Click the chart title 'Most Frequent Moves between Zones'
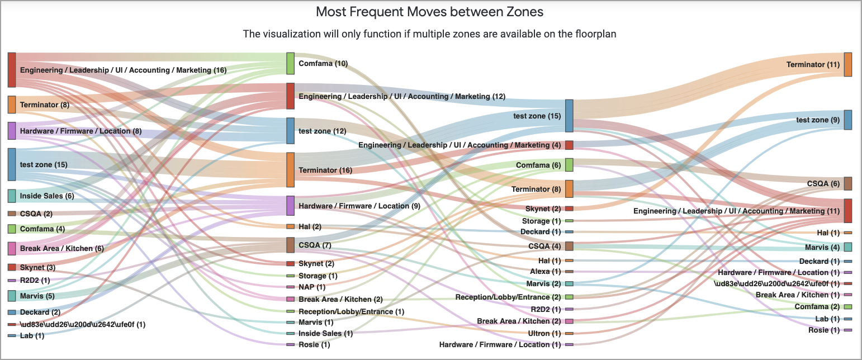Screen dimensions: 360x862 coord(429,12)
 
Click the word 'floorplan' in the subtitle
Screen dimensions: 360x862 coord(592,34)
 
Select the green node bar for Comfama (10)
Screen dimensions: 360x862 coord(290,63)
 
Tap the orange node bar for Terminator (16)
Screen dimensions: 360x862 coord(290,170)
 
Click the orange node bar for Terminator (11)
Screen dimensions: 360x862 coord(848,65)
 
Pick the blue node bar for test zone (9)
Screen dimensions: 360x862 coord(848,120)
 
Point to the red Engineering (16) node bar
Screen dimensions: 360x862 coord(12,70)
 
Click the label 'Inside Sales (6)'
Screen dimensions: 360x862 coord(46,196)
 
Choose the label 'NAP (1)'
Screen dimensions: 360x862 coord(312,287)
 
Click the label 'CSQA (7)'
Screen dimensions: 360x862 coord(315,245)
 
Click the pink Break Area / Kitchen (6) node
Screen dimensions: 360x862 coord(12,248)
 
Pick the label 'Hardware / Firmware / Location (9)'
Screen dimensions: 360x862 coord(359,206)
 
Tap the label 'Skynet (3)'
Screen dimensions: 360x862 coord(37,268)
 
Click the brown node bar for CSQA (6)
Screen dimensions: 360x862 coord(848,183)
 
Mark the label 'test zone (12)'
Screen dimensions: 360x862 coord(323,131)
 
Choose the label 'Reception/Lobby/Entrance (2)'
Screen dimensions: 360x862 coord(508,297)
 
